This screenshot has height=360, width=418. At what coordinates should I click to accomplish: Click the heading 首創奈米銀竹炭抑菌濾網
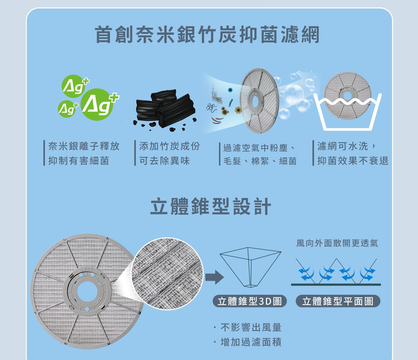coord(207,35)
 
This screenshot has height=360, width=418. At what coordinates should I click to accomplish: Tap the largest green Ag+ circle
coord(97,105)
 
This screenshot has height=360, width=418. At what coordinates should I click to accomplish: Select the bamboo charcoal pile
coord(165,110)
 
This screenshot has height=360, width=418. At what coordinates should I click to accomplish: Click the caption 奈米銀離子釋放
coord(84,146)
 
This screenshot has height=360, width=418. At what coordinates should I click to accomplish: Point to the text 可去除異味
coord(164,161)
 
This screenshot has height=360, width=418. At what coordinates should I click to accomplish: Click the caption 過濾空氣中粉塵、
coord(259,148)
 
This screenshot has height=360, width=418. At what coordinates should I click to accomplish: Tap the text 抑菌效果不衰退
coord(353,161)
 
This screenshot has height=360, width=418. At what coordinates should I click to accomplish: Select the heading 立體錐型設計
coord(211,207)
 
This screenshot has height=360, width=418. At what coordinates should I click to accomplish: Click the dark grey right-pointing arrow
coord(214,277)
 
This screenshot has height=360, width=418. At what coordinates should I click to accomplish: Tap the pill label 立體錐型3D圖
coord(250,301)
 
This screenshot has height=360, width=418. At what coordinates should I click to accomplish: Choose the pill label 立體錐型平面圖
coord(338,301)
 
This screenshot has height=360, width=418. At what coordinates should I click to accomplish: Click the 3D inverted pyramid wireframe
coord(250,267)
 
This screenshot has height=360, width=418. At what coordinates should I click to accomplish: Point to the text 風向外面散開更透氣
coord(337,243)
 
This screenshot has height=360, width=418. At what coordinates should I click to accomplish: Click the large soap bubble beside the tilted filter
coord(294,94)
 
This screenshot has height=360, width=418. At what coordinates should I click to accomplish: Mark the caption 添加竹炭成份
coord(169,146)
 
